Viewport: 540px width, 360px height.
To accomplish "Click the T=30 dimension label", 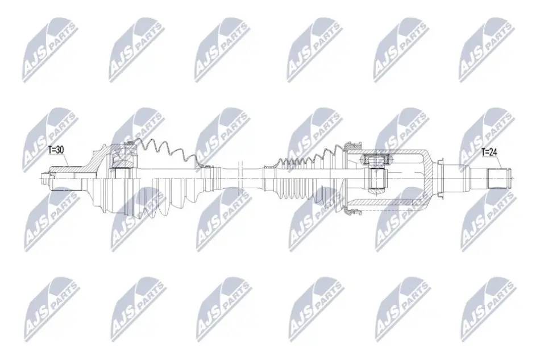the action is coord(56,150).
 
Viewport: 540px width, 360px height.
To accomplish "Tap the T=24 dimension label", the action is coord(489,152).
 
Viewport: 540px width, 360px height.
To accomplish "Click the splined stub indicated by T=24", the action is coord(499,178).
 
